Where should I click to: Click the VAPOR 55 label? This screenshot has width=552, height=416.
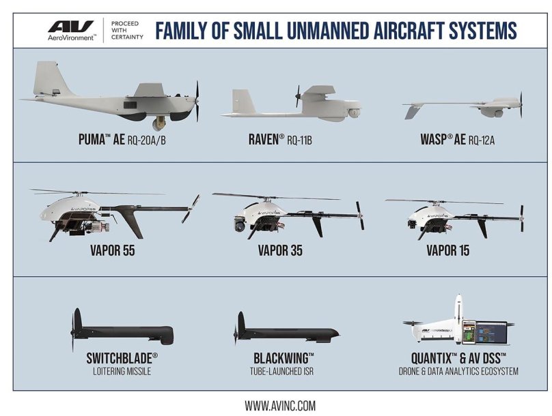click(x=112, y=250)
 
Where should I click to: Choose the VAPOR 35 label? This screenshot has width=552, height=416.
click(x=280, y=250)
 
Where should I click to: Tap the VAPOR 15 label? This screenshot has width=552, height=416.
click(x=448, y=250)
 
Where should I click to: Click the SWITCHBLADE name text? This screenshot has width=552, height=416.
click(x=122, y=359)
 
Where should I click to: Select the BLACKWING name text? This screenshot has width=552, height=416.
click(x=284, y=359)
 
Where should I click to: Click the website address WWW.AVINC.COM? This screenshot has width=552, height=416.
click(x=280, y=405)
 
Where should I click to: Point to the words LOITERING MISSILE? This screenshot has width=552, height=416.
click(x=122, y=372)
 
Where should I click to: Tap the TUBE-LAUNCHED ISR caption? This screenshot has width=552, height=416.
click(x=284, y=372)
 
